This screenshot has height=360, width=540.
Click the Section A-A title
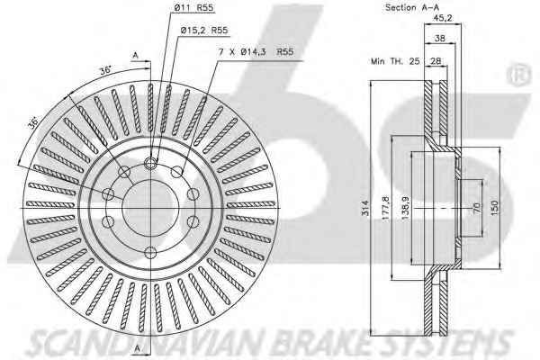[412, 7]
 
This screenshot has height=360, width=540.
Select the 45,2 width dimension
[443, 18]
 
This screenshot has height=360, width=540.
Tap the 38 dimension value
[440, 38]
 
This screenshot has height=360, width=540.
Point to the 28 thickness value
[436, 61]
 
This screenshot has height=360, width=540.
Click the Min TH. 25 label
[395, 61]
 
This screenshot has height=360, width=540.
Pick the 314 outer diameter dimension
[365, 208]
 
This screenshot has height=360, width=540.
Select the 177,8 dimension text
[386, 208]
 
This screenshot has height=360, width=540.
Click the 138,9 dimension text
[405, 208]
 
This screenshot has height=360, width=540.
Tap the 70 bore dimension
[477, 208]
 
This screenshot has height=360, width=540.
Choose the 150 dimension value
[494, 208]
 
